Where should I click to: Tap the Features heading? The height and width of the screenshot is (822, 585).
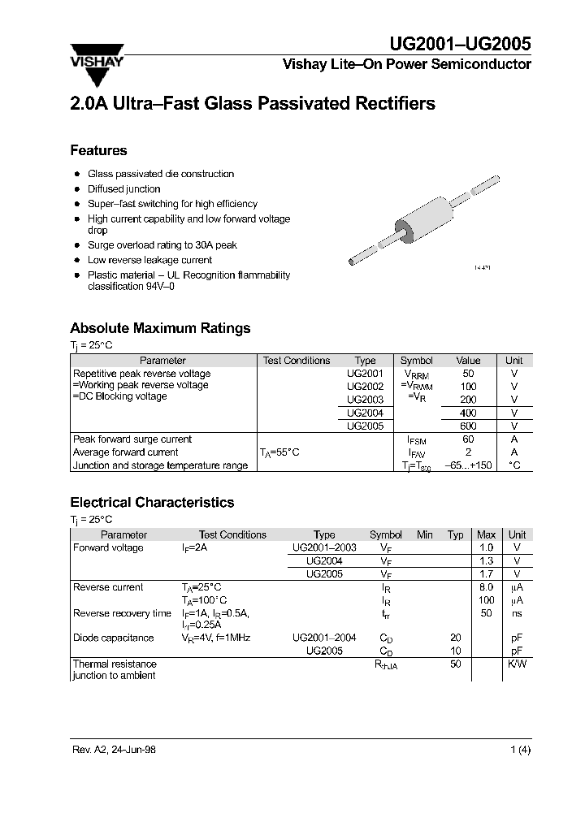point(98,150)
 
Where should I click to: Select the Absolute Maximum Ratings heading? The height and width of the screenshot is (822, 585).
point(160,328)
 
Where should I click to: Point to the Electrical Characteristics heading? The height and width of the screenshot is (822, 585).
point(152,502)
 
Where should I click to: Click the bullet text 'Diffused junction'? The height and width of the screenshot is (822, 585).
point(123,188)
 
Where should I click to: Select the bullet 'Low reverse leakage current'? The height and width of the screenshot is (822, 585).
point(149,260)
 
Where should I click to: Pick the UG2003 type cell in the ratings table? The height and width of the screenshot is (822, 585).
point(365,400)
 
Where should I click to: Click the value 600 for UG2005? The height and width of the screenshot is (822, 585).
point(468,426)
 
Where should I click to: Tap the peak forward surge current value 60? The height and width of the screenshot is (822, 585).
point(468,439)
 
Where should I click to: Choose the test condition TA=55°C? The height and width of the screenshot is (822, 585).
point(279,452)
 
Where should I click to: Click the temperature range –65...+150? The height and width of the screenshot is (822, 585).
point(469,465)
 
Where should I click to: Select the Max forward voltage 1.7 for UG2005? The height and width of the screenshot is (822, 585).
point(486,573)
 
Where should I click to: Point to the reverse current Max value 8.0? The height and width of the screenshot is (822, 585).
point(486,587)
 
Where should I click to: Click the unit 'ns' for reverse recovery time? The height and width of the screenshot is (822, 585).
point(516,613)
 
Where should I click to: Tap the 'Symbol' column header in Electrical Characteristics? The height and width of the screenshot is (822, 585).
point(386,534)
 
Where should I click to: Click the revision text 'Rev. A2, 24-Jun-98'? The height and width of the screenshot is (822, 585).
point(115,750)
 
